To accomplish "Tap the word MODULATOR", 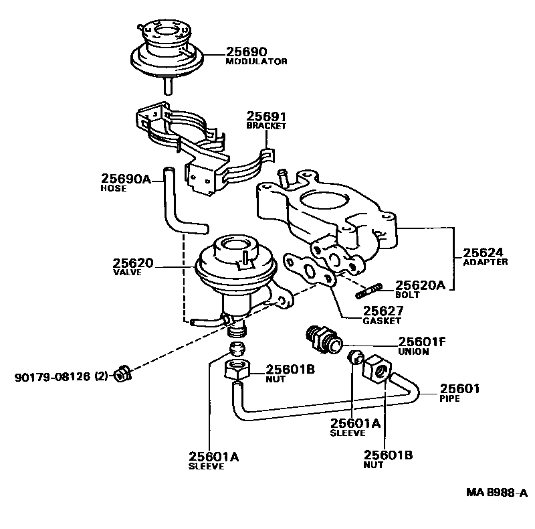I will [x=256, y=62].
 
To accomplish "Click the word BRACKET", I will [x=266, y=126].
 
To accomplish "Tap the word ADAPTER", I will [x=485, y=262].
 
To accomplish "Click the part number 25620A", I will [x=420, y=285].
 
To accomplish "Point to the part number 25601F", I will [x=422, y=342].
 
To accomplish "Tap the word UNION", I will [x=413, y=352].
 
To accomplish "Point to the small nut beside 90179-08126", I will [x=123, y=372].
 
